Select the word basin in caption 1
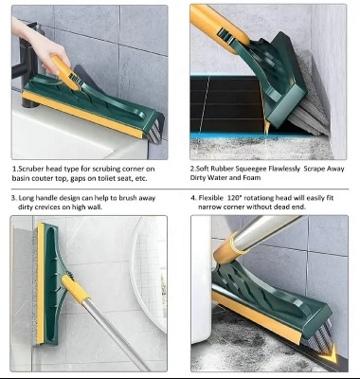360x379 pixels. tap(25, 177)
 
